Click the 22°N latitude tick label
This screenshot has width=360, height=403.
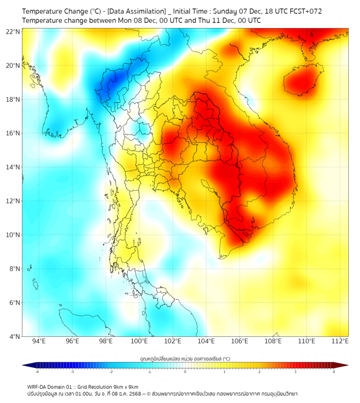13,31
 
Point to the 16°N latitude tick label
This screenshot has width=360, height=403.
13,133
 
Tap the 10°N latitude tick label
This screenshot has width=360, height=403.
13,235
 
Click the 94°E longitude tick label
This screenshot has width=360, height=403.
39,341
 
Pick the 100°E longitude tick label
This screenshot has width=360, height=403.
140,341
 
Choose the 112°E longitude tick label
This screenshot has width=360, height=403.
340,341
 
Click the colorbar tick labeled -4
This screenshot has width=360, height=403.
37,372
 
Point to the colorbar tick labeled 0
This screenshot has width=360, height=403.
185,372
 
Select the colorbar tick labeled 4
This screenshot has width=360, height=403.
334,372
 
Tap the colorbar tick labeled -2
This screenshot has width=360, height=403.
111,372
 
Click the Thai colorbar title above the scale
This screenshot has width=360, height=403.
185,359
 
